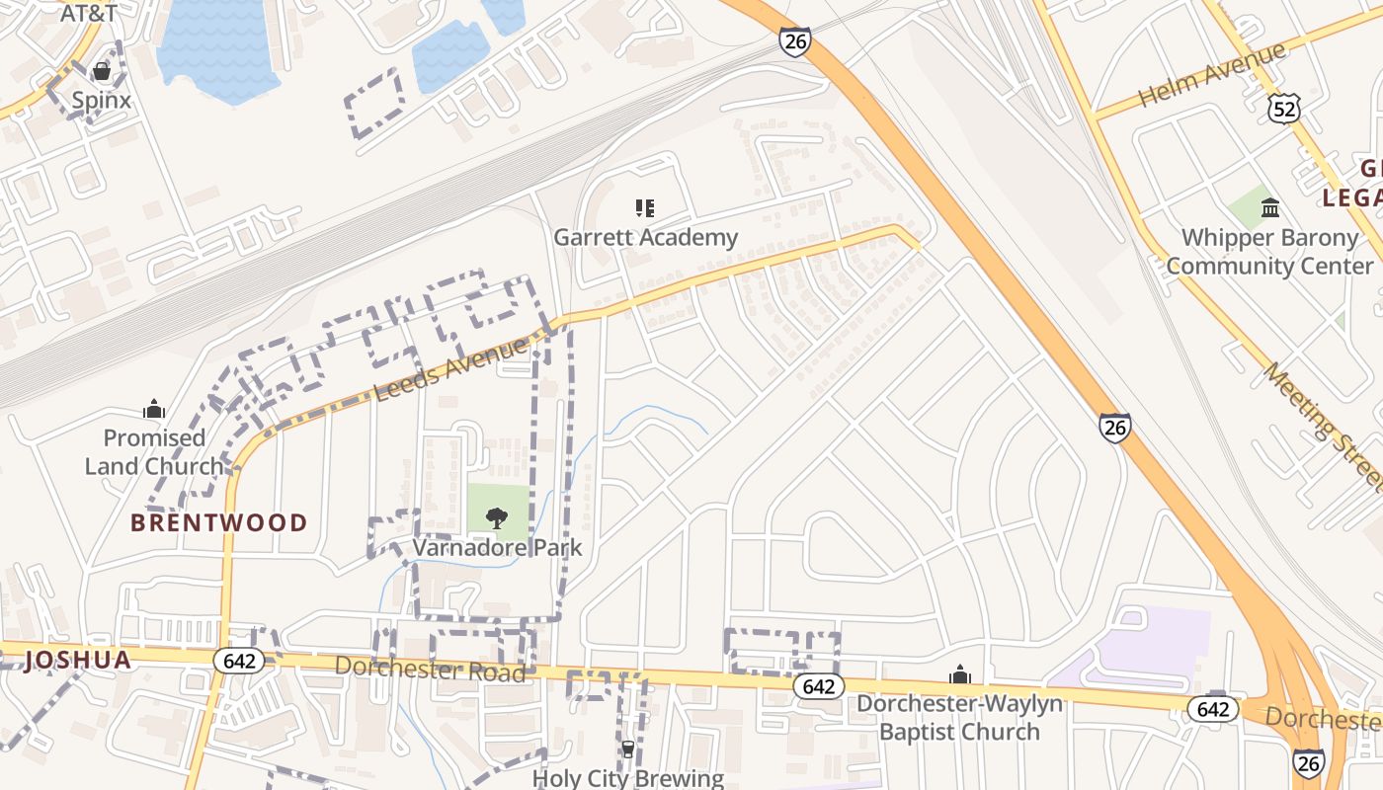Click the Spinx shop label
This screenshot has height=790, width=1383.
click(x=101, y=100)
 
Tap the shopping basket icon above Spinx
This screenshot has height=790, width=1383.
click(x=101, y=72)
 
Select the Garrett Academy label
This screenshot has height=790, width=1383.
click(x=645, y=237)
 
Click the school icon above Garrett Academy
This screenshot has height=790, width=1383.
click(x=645, y=208)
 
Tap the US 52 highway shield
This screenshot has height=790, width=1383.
click(x=1284, y=110)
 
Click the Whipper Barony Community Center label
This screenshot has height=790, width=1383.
click(x=1270, y=252)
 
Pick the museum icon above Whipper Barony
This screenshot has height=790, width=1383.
click(x=1270, y=208)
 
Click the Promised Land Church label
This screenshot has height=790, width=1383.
click(x=154, y=451)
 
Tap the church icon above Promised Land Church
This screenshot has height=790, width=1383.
click(x=154, y=409)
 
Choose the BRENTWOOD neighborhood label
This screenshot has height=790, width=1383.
click(x=219, y=522)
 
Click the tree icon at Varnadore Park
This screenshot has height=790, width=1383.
click(x=497, y=518)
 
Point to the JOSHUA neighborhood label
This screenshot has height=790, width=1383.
click(x=77, y=660)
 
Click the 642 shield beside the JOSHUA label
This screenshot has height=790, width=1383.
click(x=239, y=661)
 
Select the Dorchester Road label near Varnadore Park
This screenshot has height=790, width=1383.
click(x=430, y=669)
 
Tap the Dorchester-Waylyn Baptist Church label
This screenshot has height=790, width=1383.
click(x=959, y=718)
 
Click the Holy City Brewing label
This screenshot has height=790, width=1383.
click(x=628, y=778)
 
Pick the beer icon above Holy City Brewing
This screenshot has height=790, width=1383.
click(x=628, y=750)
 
